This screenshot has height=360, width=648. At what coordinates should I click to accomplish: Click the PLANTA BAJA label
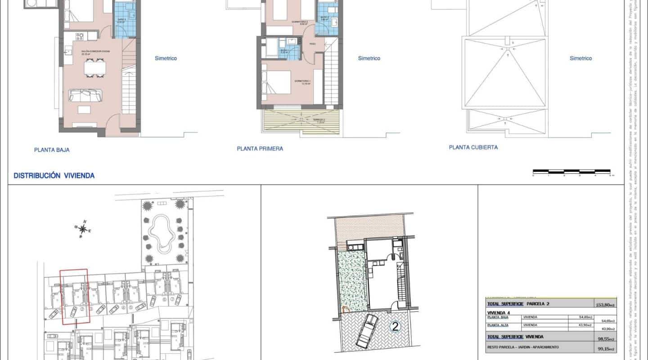coord(52,150)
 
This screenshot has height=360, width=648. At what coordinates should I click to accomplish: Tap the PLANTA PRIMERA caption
coord(260,148)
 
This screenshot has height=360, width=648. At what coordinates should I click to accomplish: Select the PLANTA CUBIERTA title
coord(473,147)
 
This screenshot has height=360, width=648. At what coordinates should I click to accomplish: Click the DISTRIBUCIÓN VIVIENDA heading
coord(54,176)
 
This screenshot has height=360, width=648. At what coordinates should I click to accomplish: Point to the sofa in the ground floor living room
coord(85,95)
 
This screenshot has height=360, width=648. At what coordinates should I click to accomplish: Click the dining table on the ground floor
coord(95,68)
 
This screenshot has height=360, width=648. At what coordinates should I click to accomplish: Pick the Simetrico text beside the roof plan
coord(580,58)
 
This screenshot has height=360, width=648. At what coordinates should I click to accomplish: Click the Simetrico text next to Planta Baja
coord(166,58)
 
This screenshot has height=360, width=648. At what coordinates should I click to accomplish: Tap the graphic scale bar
coord(571,171)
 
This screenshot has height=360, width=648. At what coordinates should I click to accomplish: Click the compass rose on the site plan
coord(83,229)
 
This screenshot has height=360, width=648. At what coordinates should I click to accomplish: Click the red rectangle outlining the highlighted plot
coord(75,296)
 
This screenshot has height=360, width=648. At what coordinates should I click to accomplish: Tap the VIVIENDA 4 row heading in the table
coord(499,312)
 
